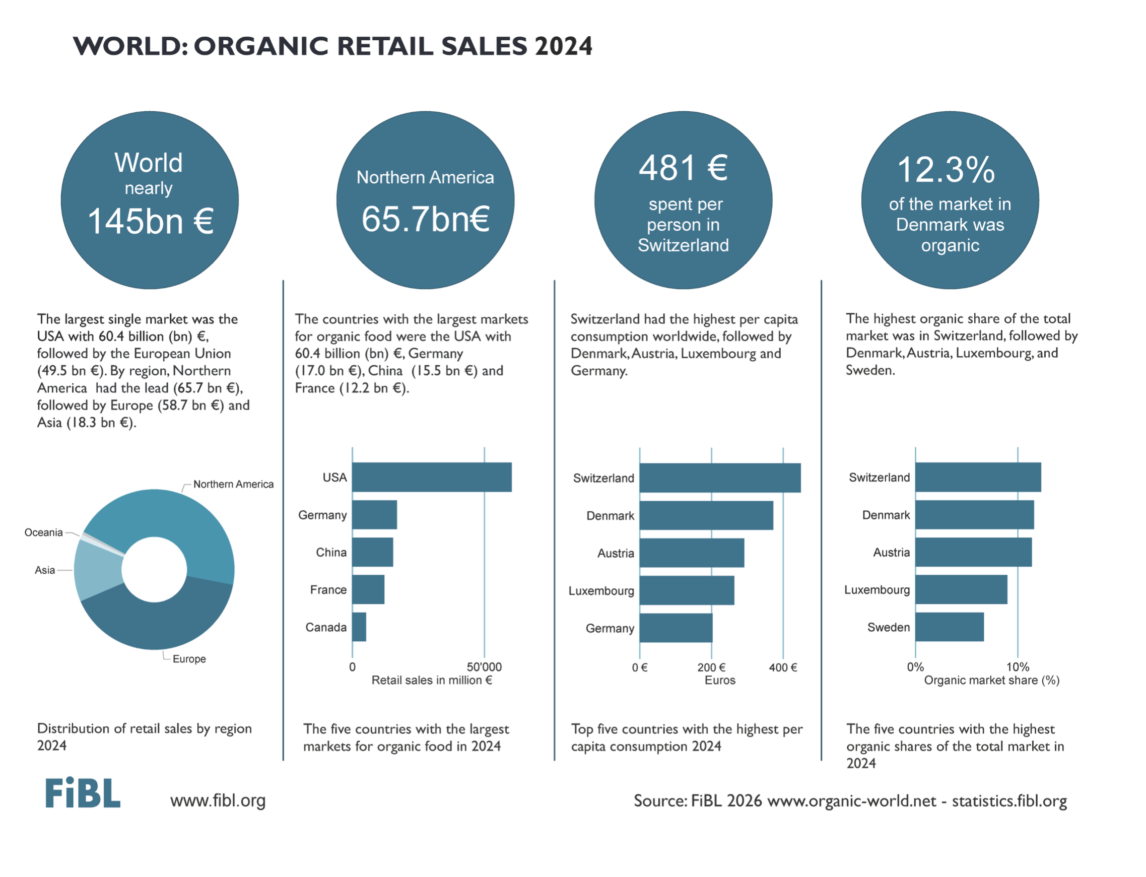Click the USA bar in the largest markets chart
(x=432, y=477)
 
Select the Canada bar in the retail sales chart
(x=359, y=627)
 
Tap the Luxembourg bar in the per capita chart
(x=687, y=590)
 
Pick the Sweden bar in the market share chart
(x=949, y=627)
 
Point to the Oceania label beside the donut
(x=43, y=532)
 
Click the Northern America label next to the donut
(x=233, y=485)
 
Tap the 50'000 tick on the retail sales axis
(x=484, y=667)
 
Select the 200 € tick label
(x=711, y=667)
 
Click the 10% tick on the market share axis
(x=1018, y=667)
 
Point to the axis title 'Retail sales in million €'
(x=432, y=680)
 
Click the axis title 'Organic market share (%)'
(x=991, y=680)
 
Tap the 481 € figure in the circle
(x=683, y=168)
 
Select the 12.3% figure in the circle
(x=946, y=170)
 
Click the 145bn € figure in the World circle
(x=150, y=221)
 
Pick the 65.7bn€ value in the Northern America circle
(x=426, y=219)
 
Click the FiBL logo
(x=83, y=793)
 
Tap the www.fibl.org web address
(x=218, y=800)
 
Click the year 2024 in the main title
(x=563, y=46)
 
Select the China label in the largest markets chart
(x=331, y=552)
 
